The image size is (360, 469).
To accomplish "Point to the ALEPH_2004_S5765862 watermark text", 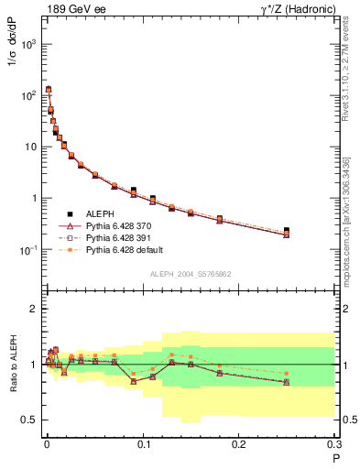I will (190, 275).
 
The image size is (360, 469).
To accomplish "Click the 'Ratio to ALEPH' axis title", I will (12, 364).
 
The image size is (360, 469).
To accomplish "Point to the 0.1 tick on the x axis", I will (143, 444).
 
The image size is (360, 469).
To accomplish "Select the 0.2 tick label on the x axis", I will (239, 444).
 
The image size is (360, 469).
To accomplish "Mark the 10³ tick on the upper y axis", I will (30, 44).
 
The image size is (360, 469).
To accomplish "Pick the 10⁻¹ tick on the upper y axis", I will (30, 250).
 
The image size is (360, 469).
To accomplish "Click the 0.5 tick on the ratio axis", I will (29, 420).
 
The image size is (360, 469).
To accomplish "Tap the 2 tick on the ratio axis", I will (35, 309).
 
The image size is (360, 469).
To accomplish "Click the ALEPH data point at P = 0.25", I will (287, 231).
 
